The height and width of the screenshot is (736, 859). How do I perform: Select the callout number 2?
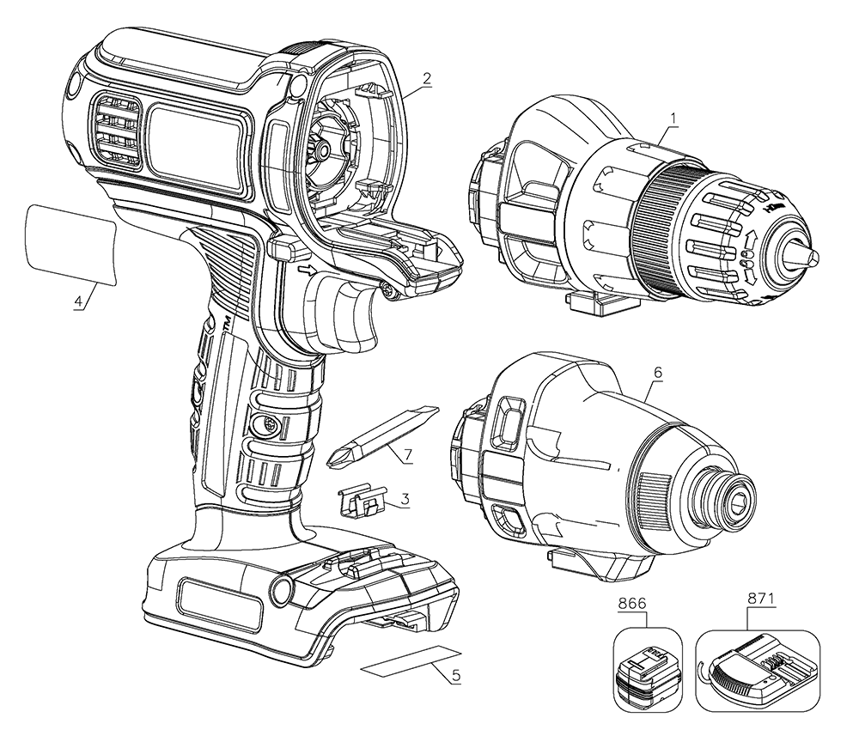tap(427, 78)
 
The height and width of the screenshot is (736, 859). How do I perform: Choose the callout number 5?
tap(456, 675)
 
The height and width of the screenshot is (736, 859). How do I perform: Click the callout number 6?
tap(658, 374)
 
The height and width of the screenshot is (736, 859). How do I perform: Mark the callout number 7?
tap(407, 452)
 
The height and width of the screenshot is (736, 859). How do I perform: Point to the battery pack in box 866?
tap(647, 668)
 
